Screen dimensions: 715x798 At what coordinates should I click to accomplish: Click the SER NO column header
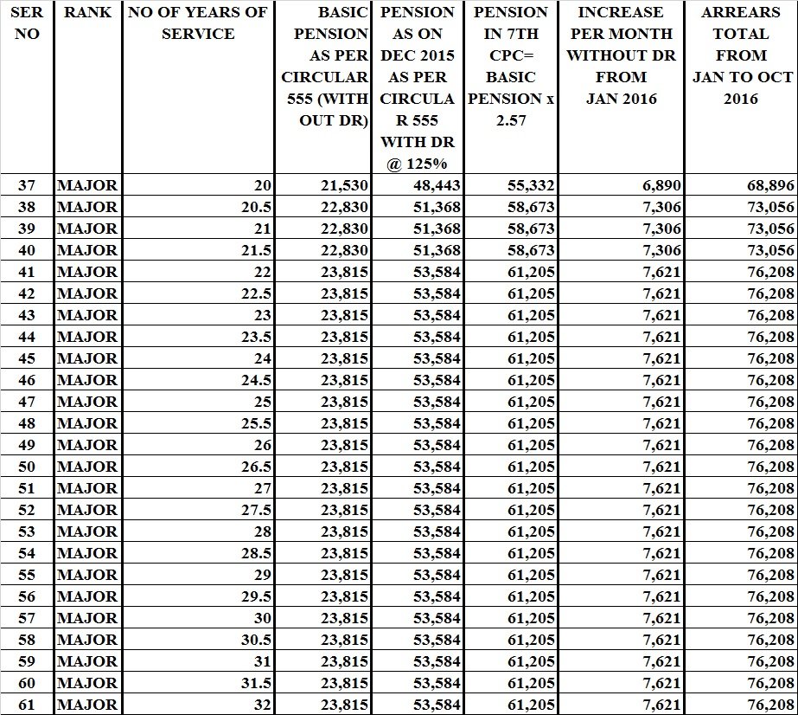click(x=26, y=23)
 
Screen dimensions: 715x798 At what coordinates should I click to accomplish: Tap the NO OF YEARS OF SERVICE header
click(x=197, y=23)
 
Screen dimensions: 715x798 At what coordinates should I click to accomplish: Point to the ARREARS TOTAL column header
click(x=741, y=55)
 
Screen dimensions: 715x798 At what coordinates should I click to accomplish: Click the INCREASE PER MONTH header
click(x=621, y=55)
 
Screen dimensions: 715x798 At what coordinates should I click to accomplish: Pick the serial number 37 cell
click(x=26, y=185)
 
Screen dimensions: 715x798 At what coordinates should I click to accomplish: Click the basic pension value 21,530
click(x=344, y=185)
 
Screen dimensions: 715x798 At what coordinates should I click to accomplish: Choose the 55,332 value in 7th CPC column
click(x=531, y=185)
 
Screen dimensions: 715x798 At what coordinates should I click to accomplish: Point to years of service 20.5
click(x=257, y=207)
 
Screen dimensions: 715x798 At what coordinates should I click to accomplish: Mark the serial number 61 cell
click(x=26, y=705)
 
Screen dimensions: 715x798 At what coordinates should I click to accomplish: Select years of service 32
click(x=262, y=705)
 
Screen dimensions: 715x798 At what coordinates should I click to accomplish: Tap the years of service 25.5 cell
click(x=257, y=423)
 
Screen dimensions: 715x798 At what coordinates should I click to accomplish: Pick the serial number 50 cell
click(x=26, y=467)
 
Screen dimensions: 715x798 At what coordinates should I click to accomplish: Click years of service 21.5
click(x=257, y=250)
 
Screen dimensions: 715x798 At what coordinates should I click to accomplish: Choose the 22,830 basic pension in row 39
click(x=344, y=229)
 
